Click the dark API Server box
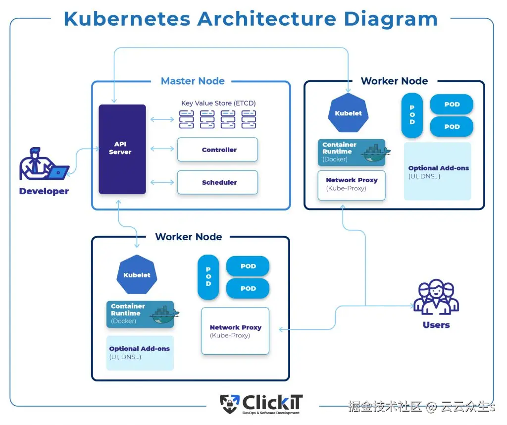[122, 149]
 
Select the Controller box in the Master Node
[218, 150]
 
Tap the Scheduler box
[218, 182]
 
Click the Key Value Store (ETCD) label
[218, 103]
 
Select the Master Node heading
[193, 81]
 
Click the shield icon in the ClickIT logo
[229, 404]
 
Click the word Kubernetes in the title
[127, 19]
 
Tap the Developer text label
[44, 191]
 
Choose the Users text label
[436, 325]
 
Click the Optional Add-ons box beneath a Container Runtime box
[140, 353]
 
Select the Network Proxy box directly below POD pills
[235, 331]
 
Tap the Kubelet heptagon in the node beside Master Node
[348, 113]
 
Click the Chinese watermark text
[421, 407]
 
